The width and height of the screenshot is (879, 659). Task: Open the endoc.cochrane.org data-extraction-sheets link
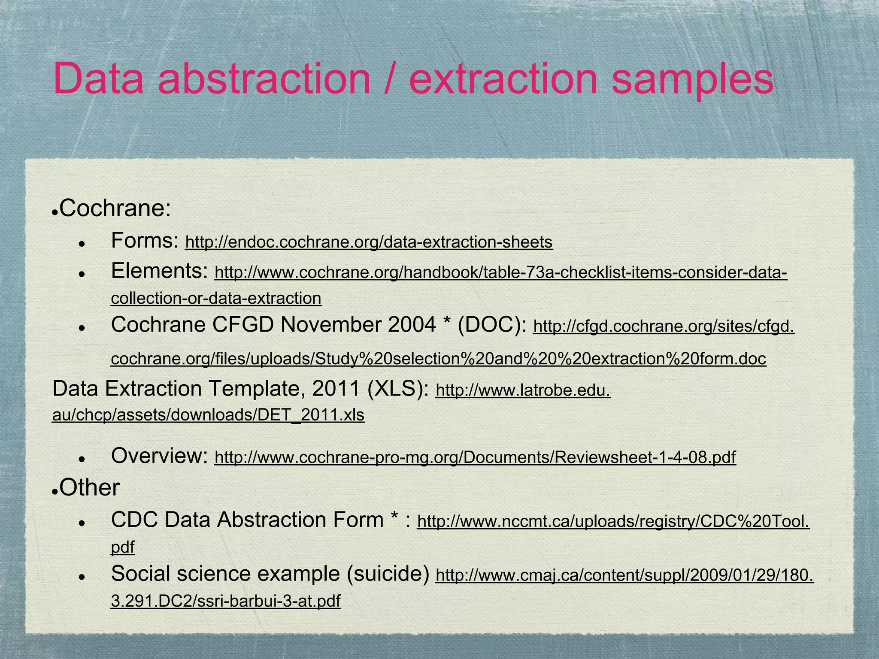point(369,242)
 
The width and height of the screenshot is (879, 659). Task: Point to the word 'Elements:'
point(159,271)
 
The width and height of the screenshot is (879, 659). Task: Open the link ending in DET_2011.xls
point(208,415)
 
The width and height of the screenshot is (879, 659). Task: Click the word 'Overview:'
point(159,456)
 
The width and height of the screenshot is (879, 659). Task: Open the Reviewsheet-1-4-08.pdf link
point(475,458)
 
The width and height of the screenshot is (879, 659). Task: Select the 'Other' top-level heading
point(89,488)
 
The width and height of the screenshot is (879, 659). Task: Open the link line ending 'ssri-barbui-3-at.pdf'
point(225,602)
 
